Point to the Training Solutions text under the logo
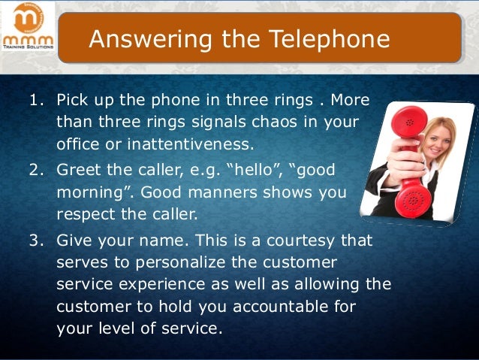coord(27,47)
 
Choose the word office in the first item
coord(79,143)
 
